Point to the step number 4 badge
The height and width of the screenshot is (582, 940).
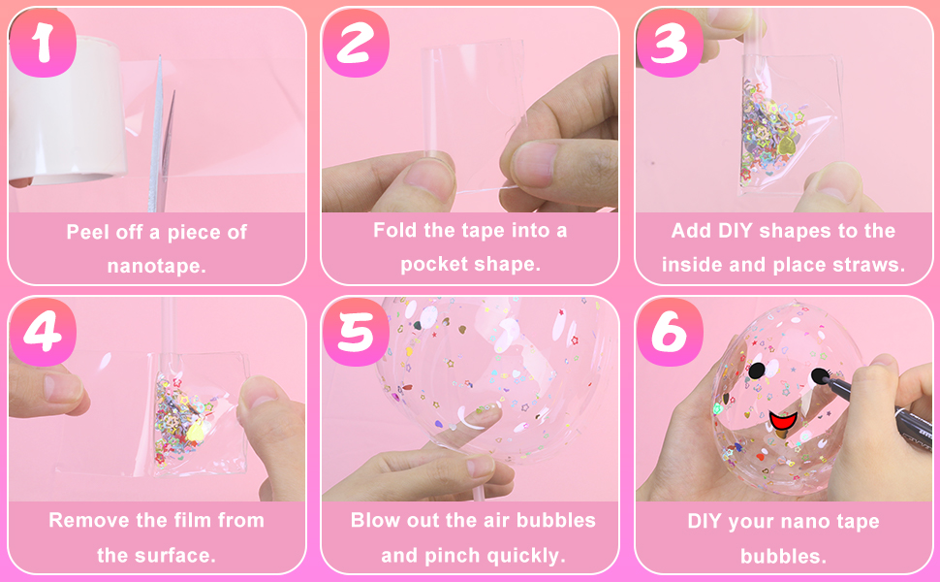[x=43, y=333]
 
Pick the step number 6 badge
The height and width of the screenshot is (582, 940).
[x=670, y=333]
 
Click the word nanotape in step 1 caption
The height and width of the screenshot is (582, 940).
[x=156, y=265]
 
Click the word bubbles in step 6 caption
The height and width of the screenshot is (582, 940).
[x=783, y=556]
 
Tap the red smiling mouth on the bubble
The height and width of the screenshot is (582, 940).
[x=781, y=422]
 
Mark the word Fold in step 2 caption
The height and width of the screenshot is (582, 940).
[x=395, y=230]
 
